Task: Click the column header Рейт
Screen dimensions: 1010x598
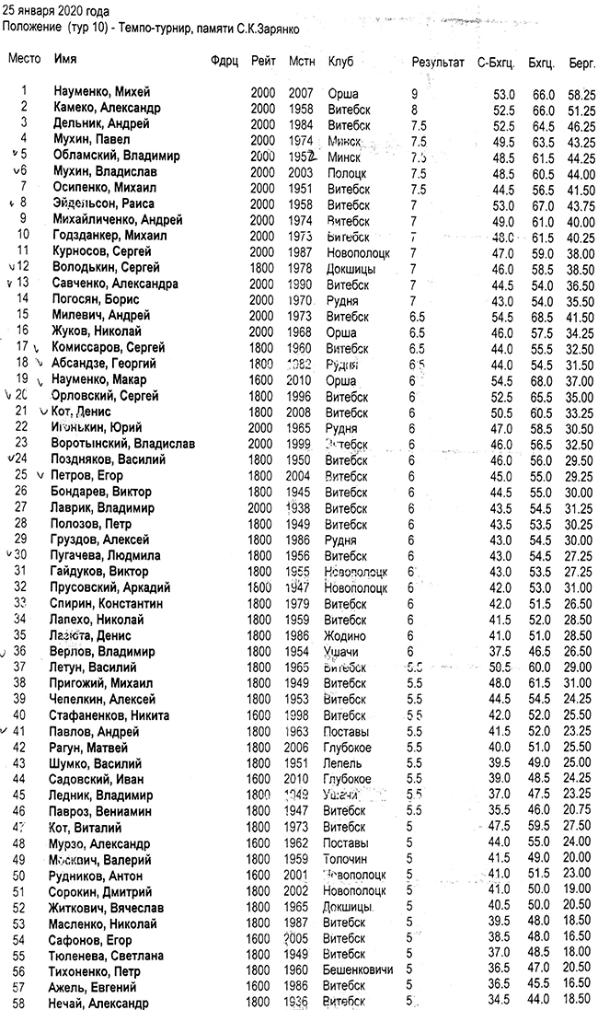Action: tap(261, 61)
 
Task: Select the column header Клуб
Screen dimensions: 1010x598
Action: tap(340, 61)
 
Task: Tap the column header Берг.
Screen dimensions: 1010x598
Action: tap(581, 62)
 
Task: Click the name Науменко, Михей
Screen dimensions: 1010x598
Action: tap(101, 93)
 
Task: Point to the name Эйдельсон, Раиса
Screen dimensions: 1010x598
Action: tap(103, 203)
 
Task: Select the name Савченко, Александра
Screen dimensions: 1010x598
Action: tap(115, 284)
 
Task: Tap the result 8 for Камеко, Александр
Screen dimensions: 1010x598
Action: tap(415, 110)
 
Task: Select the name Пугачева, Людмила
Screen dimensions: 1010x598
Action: tap(107, 555)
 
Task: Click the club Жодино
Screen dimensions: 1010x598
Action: tap(347, 636)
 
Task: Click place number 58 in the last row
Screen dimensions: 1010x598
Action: tap(24, 1003)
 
